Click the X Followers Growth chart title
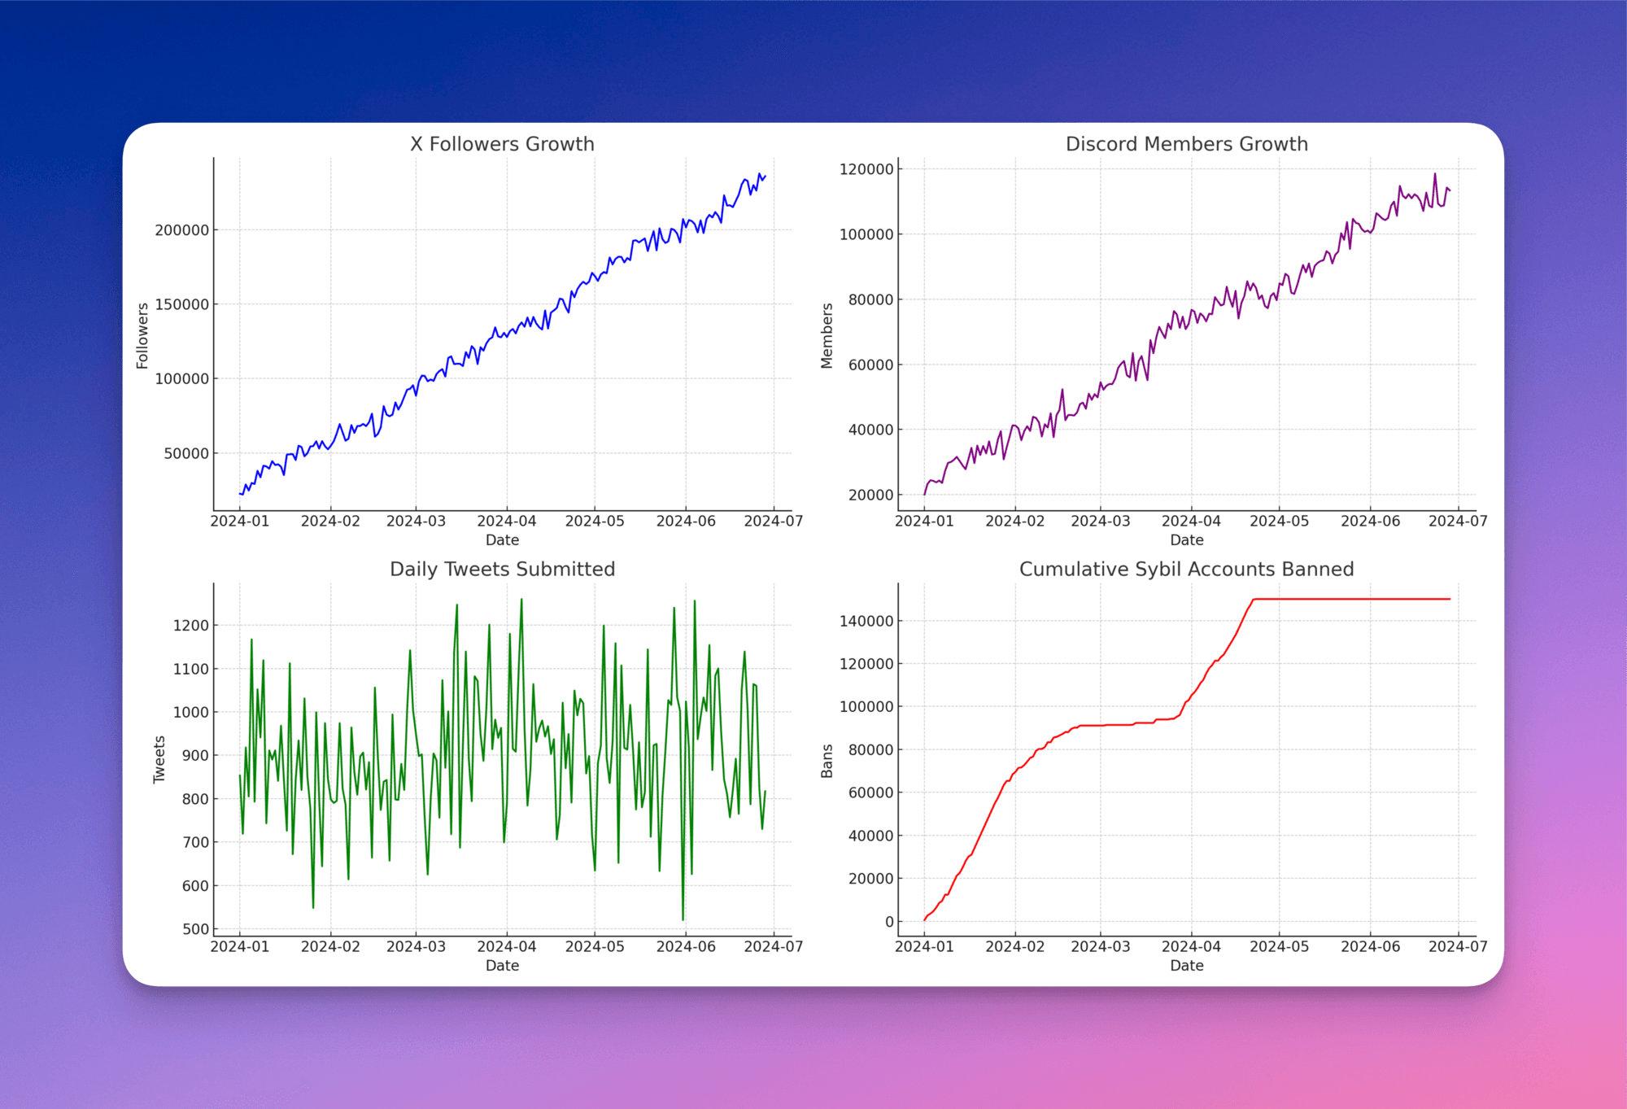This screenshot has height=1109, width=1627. [502, 144]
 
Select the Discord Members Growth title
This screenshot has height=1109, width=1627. [1186, 144]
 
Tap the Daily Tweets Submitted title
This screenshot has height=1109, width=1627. [502, 570]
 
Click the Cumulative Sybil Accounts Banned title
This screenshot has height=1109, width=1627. [1186, 570]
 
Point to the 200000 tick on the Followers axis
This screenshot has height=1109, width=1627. [181, 230]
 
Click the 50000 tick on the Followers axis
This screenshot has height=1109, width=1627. [186, 453]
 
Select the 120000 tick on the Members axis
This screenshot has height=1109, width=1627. [866, 169]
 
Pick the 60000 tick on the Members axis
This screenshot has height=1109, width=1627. [870, 365]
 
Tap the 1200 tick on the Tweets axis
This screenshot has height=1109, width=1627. [190, 626]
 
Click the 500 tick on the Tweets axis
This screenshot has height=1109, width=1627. [195, 929]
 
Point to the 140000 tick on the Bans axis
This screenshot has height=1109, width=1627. [866, 621]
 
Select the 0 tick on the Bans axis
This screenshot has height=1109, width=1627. [889, 922]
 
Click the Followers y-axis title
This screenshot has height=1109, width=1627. [142, 336]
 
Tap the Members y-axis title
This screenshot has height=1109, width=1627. [827, 336]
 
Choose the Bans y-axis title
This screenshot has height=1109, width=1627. [827, 761]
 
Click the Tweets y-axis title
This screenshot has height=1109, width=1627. [159, 760]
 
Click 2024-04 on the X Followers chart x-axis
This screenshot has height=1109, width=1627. [506, 522]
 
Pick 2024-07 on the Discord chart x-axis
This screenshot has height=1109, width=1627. [1458, 522]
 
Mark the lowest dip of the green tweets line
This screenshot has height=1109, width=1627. [683, 919]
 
